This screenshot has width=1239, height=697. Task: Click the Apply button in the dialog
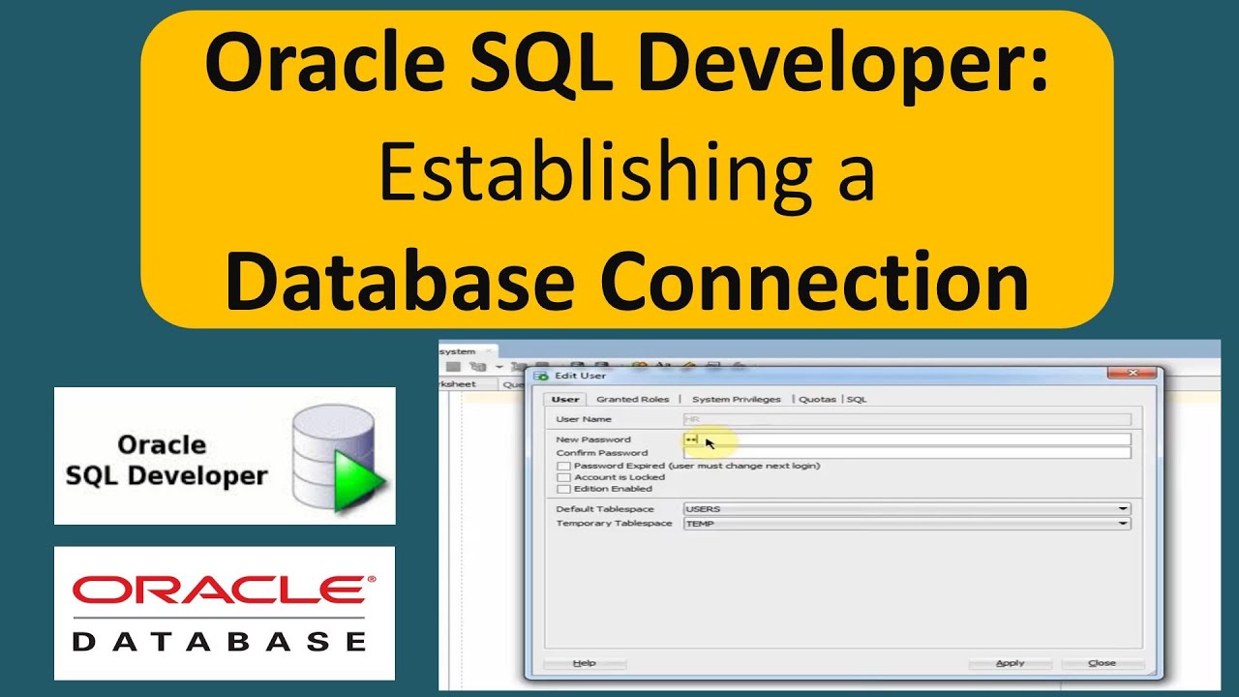click(x=1010, y=663)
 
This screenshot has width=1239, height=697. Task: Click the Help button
click(x=585, y=663)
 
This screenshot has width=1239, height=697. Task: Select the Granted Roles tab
click(x=632, y=399)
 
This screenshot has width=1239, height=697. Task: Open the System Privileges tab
click(x=736, y=399)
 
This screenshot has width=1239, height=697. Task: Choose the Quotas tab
click(x=817, y=399)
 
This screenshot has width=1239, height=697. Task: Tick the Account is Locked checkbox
click(x=563, y=477)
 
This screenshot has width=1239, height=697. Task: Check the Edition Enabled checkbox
click(x=563, y=489)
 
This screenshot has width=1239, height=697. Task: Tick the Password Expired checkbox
click(x=563, y=466)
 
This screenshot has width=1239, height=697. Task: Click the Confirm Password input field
click(x=906, y=453)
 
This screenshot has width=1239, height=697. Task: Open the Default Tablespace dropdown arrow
click(x=1123, y=509)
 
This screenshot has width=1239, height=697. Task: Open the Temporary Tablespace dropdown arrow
click(x=1123, y=524)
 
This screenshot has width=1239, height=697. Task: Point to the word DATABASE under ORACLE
click(x=220, y=640)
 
